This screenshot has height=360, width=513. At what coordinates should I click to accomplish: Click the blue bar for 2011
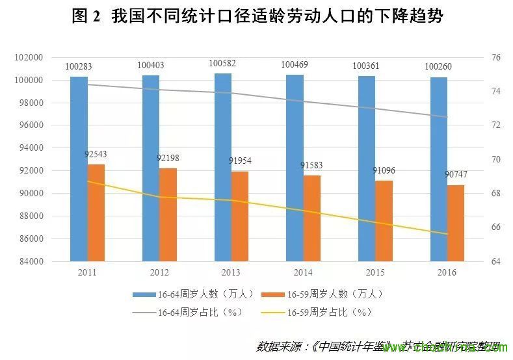pyautogui.click(x=79, y=169)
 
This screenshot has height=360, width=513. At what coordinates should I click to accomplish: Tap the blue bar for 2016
pyautogui.click(x=438, y=169)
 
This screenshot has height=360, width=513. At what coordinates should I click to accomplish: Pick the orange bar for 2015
pyautogui.click(x=384, y=221)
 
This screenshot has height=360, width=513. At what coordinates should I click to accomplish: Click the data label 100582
pyautogui.click(x=222, y=64)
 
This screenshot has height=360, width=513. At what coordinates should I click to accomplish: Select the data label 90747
pyautogui.click(x=456, y=175)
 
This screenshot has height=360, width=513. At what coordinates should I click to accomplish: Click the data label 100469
pyautogui.click(x=295, y=65)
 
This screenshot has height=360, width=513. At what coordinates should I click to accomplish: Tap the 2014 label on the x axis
pyautogui.click(x=302, y=272)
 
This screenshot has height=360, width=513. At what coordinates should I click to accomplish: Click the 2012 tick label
pyautogui.click(x=159, y=272)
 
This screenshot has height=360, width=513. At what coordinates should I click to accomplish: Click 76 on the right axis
pyautogui.click(x=496, y=58)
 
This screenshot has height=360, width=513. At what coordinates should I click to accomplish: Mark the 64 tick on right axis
pyautogui.click(x=496, y=261)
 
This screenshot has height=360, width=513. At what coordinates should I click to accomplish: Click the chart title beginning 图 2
pyautogui.click(x=257, y=17)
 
